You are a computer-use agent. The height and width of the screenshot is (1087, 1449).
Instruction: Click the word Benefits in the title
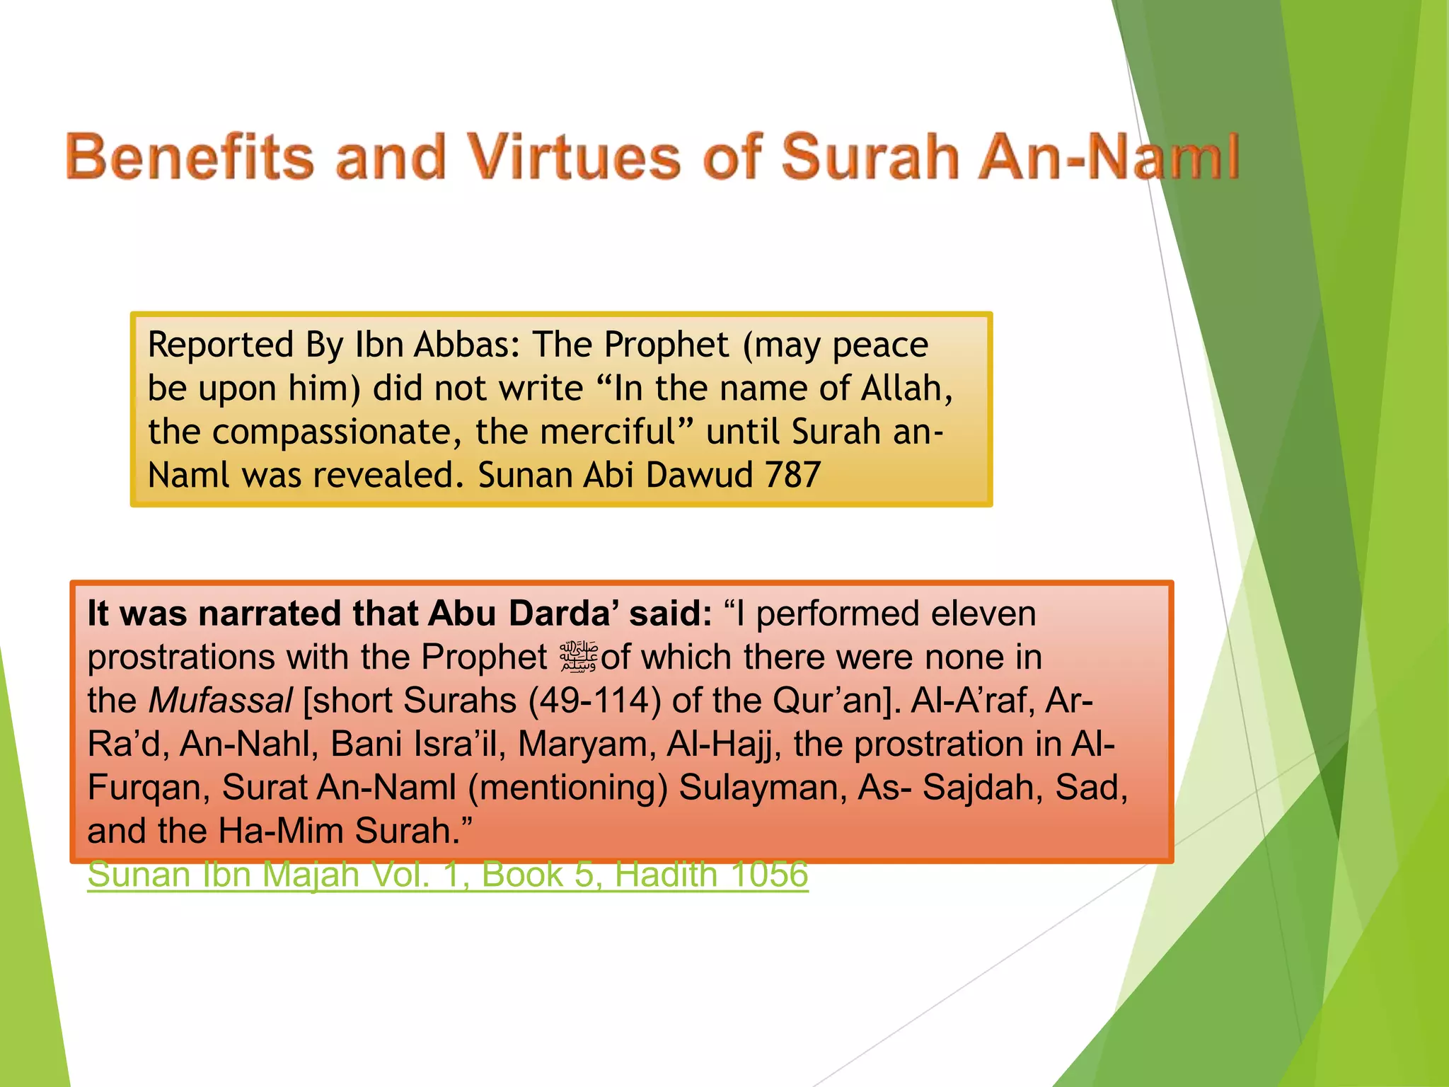pos(190,157)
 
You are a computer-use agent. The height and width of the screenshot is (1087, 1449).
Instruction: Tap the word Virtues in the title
pos(574,157)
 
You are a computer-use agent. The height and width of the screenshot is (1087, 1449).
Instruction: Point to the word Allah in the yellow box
pos(906,389)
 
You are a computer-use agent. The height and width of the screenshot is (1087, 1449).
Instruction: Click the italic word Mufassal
pos(220,701)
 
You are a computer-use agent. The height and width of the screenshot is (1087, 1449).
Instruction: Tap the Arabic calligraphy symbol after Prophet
pos(579,657)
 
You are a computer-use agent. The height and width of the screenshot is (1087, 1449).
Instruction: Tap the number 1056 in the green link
pos(769,875)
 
